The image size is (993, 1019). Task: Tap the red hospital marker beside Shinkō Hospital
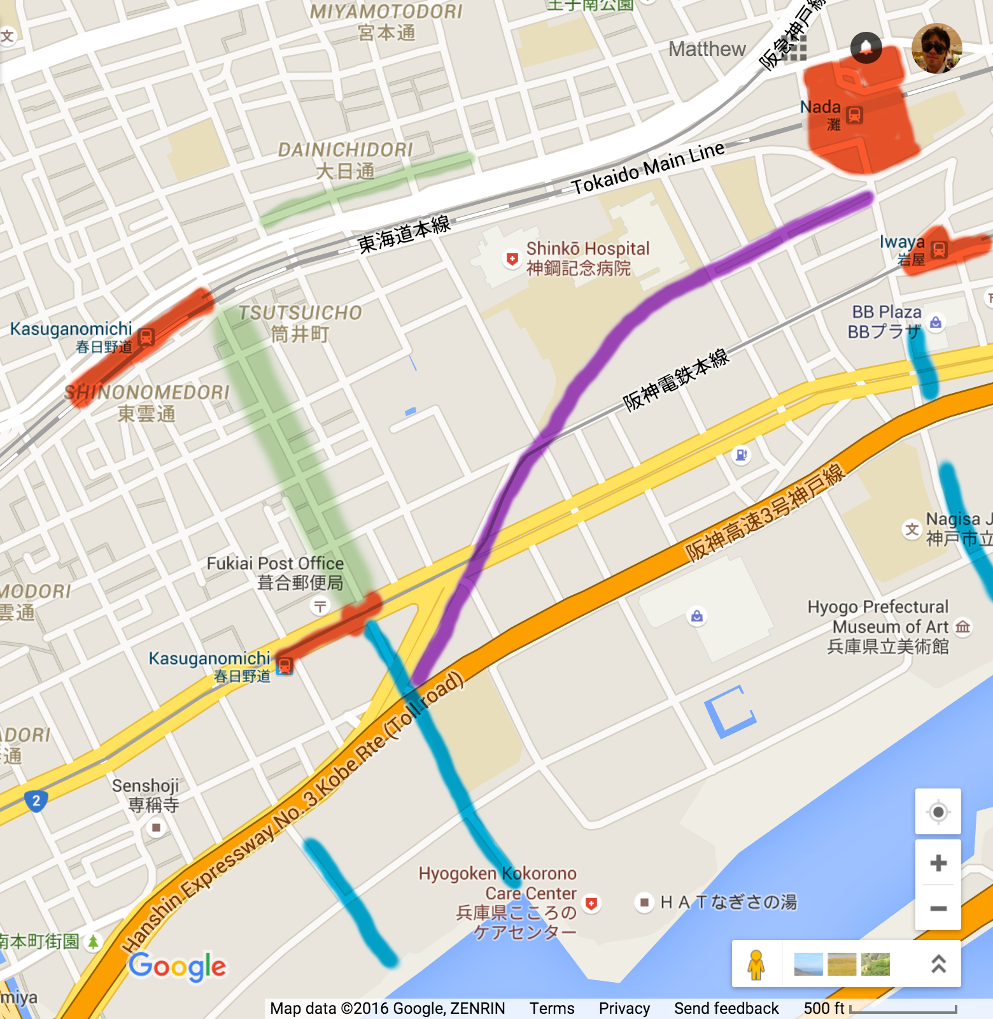tap(512, 259)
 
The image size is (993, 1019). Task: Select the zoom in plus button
tap(938, 864)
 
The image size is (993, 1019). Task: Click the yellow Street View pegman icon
tap(756, 964)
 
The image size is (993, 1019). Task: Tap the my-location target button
tap(938, 812)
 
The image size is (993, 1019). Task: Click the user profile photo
tap(936, 48)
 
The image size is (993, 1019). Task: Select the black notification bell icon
tap(866, 47)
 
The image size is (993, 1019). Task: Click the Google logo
tap(178, 967)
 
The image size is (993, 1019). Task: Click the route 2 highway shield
tap(36, 801)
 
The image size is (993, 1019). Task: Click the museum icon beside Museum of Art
tap(963, 627)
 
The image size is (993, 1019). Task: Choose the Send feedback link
tap(726, 1008)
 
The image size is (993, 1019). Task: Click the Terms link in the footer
tap(552, 1008)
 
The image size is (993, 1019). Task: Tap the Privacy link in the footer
tap(624, 1008)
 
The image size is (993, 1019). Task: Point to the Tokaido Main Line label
tap(647, 168)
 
